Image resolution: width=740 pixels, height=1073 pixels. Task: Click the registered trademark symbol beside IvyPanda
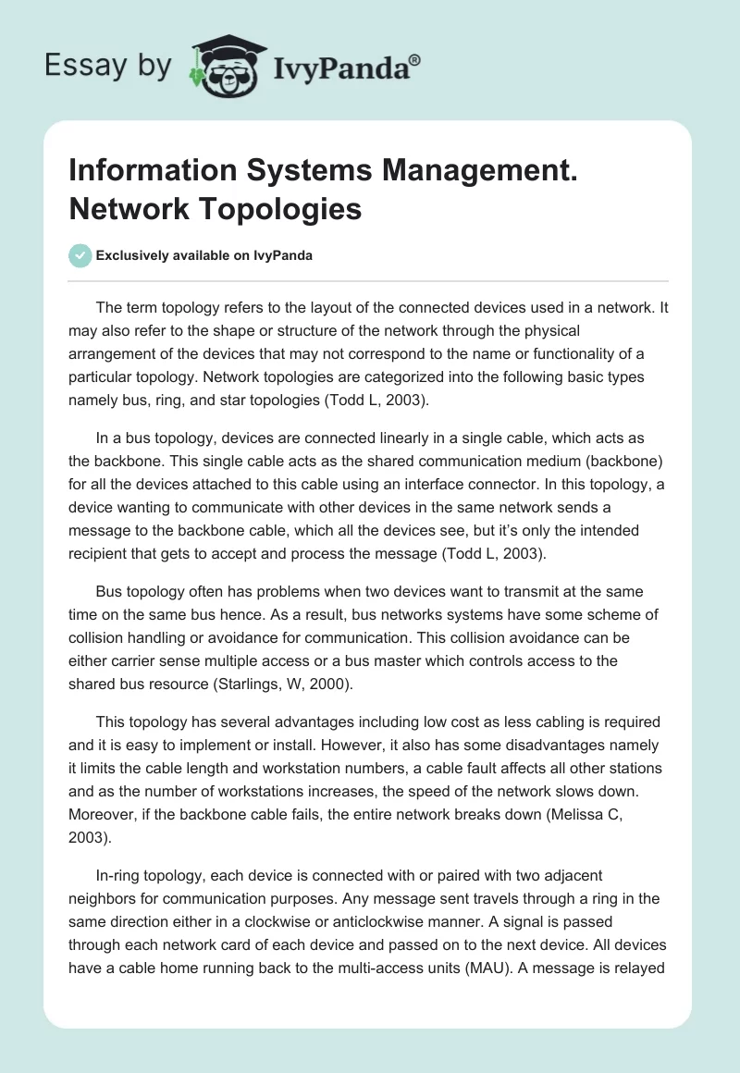pos(414,60)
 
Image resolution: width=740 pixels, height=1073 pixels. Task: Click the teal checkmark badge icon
pos(80,255)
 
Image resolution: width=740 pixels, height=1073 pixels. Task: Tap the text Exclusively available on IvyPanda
pos(203,255)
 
